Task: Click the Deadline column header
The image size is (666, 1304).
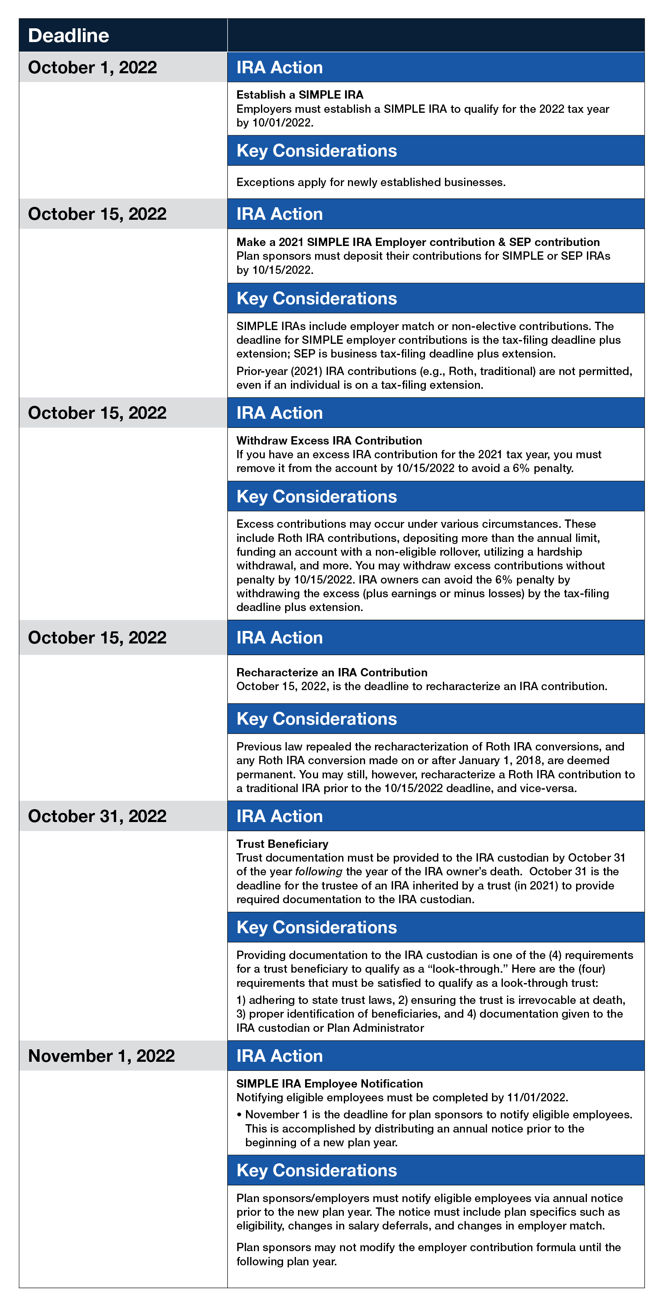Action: (68, 35)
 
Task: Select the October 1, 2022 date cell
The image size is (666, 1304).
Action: (92, 67)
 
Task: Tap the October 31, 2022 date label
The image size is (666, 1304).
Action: (97, 816)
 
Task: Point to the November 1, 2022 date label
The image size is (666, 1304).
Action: (101, 1056)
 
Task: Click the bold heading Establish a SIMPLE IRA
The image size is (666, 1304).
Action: (300, 94)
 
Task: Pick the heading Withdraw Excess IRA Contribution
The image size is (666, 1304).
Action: (329, 440)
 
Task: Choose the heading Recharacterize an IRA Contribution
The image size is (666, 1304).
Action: (331, 672)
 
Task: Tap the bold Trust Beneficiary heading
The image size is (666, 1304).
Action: (282, 844)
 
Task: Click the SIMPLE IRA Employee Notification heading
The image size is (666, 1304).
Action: (329, 1084)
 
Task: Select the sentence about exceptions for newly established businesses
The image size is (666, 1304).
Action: (370, 182)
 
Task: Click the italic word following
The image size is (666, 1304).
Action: (318, 872)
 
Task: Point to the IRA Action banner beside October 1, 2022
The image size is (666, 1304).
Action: (435, 67)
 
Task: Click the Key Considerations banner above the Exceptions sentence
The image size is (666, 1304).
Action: (435, 150)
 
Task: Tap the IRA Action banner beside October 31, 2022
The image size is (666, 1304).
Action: (435, 816)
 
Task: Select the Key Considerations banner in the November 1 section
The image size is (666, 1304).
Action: (435, 1171)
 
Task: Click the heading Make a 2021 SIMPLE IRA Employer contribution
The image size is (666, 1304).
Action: (417, 242)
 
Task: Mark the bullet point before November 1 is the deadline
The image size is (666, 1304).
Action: (239, 1115)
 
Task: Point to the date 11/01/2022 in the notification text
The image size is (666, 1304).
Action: (537, 1098)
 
